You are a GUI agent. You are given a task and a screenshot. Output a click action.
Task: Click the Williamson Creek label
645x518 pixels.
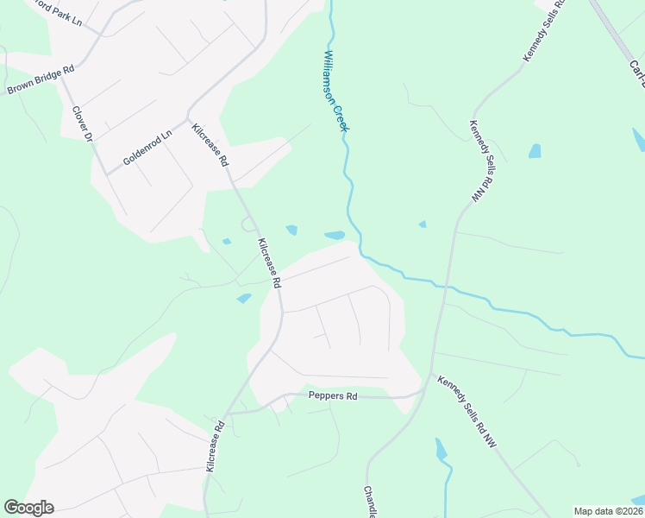(335, 91)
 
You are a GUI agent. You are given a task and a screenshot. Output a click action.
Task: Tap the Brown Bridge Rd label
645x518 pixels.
(41, 80)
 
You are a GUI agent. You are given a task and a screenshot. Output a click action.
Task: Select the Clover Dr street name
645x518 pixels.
(83, 124)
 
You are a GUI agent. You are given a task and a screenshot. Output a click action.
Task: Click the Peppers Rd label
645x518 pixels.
(333, 396)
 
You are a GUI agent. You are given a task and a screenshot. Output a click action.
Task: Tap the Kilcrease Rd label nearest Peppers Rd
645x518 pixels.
(215, 445)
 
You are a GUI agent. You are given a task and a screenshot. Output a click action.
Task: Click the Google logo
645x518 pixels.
(28, 508)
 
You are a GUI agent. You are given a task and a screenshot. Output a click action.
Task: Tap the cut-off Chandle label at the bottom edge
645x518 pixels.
(370, 502)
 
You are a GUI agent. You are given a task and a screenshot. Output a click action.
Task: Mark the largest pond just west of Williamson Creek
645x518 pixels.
(334, 235)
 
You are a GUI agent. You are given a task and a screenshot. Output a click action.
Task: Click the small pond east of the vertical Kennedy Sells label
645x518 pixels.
(535, 151)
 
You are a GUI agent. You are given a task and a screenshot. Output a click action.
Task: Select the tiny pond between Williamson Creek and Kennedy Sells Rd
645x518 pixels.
(422, 224)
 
